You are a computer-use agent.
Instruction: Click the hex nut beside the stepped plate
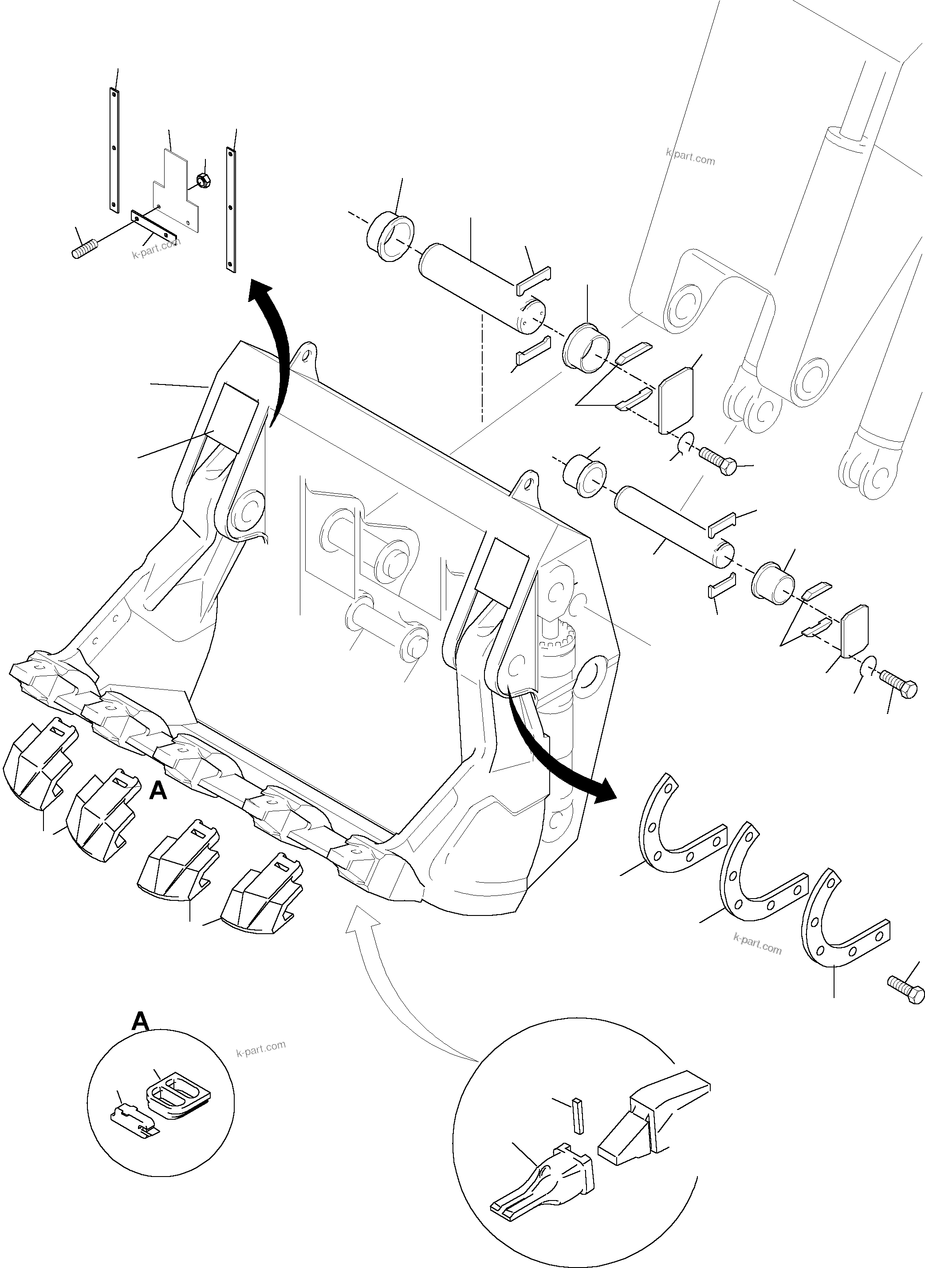pyautogui.click(x=203, y=181)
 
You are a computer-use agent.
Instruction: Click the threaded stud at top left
pyautogui.click(x=86, y=248)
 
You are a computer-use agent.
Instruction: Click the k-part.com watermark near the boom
pyautogui.click(x=690, y=156)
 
